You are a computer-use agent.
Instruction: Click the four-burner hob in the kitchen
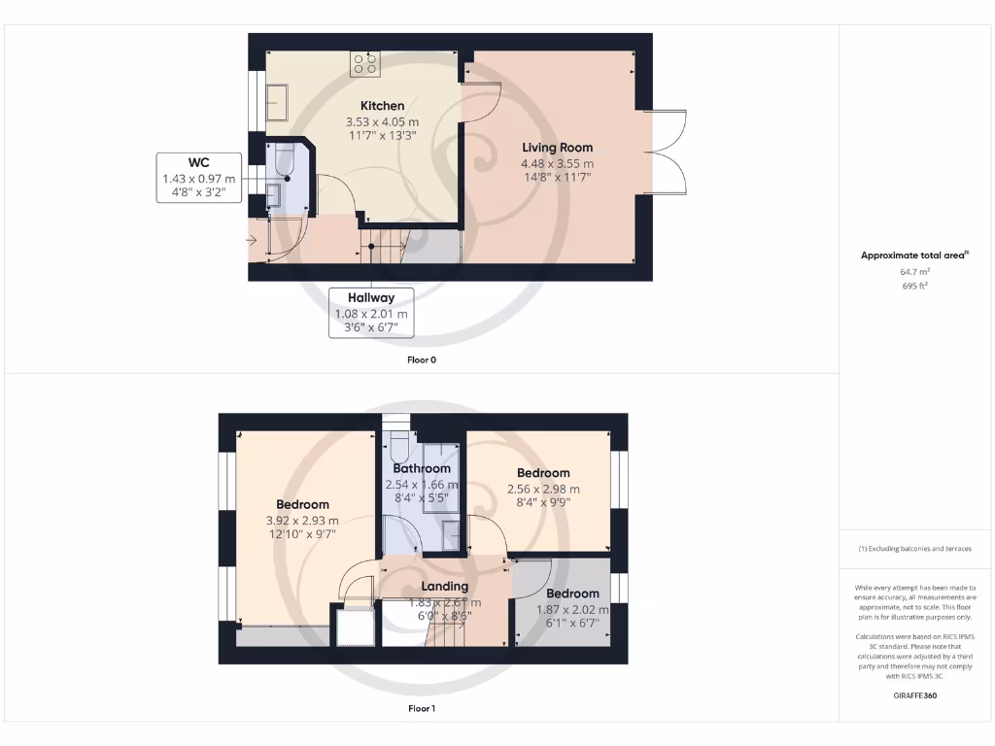[366, 64]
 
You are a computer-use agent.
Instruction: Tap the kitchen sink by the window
[277, 102]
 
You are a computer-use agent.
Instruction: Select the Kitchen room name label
[382, 106]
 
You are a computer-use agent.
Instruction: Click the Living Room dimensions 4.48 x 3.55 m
[557, 163]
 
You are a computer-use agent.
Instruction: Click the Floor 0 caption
[421, 359]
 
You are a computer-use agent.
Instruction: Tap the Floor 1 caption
[421, 709]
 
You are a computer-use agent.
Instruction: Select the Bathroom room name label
[421, 469]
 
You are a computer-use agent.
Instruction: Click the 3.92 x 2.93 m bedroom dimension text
[302, 521]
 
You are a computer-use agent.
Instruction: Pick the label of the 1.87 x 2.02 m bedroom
[572, 593]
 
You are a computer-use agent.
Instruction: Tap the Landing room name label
[444, 587]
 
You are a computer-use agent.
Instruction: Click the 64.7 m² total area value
[913, 273]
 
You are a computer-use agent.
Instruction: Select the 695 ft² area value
[913, 287]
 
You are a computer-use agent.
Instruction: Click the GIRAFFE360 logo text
[914, 695]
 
